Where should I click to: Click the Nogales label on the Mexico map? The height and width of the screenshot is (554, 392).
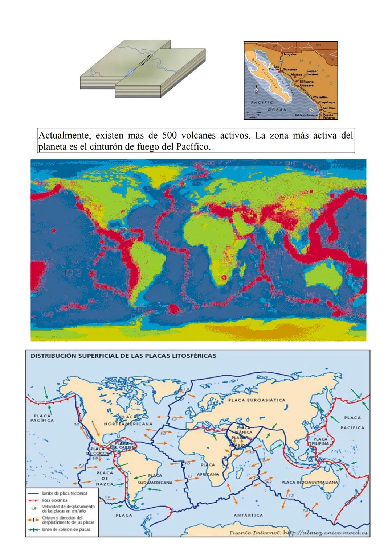click(x=290, y=54)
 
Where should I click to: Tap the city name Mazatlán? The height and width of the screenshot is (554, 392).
click(x=320, y=98)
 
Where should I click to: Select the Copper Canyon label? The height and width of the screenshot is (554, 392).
click(x=312, y=73)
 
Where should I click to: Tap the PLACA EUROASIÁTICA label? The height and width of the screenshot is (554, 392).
click(x=257, y=400)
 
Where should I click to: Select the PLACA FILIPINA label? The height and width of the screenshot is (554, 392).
click(x=320, y=441)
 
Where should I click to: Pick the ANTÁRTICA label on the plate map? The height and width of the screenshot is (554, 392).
click(x=248, y=515)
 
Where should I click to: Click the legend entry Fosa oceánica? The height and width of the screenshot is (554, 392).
click(x=55, y=500)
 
